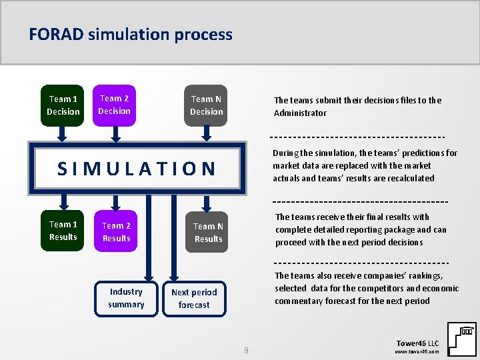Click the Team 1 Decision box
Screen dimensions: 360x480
coord(63,105)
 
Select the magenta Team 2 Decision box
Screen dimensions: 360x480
coord(114,105)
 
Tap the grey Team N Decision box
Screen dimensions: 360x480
coord(206,105)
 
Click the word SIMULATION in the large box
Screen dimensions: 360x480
coord(137,169)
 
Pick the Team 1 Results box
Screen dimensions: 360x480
coord(63,231)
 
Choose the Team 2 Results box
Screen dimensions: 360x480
coord(116,231)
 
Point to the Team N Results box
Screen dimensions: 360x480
coord(208,233)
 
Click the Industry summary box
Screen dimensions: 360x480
coord(126,298)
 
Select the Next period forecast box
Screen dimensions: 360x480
coord(194,298)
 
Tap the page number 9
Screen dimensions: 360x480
coord(246,350)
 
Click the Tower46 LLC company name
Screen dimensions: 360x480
coord(417,342)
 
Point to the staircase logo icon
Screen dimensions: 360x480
coord(461,339)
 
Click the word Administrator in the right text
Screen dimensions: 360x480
coord(300,113)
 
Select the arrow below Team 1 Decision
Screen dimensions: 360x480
coord(62,133)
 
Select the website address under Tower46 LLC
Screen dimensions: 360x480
coord(417,351)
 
